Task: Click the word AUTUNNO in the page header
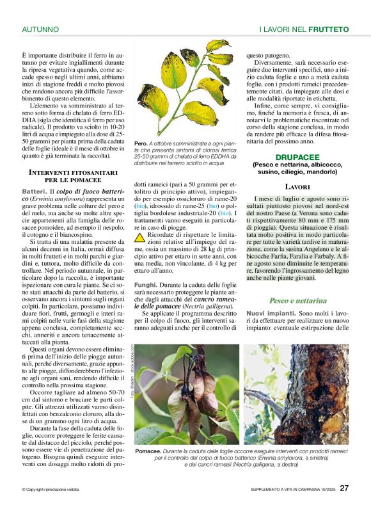(40, 29)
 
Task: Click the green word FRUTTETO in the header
(328, 29)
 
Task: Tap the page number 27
(344, 488)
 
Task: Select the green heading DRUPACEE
(297, 157)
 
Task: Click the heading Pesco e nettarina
(298, 300)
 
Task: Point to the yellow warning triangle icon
(139, 237)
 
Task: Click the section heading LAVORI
(298, 187)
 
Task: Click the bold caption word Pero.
(141, 143)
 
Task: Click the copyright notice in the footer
(54, 490)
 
